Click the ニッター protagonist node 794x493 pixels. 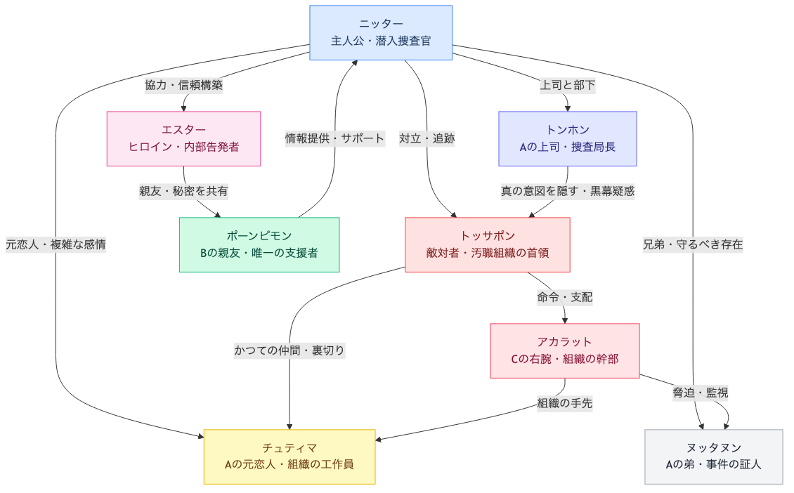[381, 33]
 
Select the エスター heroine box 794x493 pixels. [183, 138]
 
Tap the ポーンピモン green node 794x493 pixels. [259, 244]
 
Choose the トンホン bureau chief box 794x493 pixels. [567, 138]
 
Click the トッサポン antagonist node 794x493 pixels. [487, 244]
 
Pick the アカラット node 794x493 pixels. [564, 350]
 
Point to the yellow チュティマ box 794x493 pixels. [289, 456]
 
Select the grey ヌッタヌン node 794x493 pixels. [713, 456]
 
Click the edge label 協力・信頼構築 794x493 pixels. [183, 86]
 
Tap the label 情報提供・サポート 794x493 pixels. [334, 138]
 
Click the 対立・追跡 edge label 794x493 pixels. [427, 138]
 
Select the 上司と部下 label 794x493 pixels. [567, 86]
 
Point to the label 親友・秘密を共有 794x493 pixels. [183, 191]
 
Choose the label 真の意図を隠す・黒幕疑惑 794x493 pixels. [567, 191]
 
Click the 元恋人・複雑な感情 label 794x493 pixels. [56, 244]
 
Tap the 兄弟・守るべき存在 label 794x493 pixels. [693, 244]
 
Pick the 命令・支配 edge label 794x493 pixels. [564, 297]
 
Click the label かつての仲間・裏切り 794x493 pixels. [289, 350]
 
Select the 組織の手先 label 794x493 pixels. [564, 403]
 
